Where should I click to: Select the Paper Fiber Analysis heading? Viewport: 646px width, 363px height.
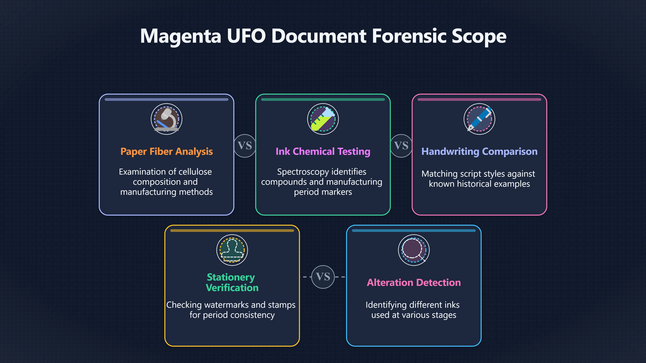(167, 152)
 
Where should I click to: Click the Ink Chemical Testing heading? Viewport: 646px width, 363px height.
(323, 152)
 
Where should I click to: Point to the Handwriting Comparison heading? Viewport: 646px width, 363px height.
(479, 152)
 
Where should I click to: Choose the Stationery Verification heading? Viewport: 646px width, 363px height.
(232, 282)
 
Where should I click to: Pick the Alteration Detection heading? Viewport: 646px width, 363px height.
(414, 283)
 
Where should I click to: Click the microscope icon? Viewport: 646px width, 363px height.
(167, 119)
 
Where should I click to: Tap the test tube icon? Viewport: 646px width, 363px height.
(323, 119)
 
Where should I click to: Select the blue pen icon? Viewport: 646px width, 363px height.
(479, 119)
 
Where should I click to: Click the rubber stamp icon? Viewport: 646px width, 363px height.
(232, 250)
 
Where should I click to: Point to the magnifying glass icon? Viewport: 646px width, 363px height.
(414, 250)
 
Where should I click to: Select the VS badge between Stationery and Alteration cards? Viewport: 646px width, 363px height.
(323, 277)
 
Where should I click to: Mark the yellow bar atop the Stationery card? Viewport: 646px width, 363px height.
(232, 230)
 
